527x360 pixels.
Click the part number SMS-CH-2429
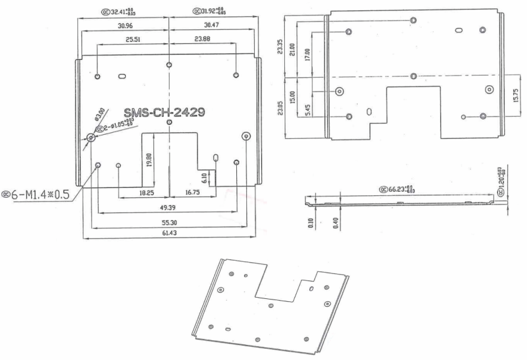coord(165,112)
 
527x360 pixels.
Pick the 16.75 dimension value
coord(192,193)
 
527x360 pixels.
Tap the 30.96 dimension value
coord(125,25)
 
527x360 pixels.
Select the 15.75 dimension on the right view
coord(517,95)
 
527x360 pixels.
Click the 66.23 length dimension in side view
coord(399,189)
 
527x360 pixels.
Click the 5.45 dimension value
coord(307,110)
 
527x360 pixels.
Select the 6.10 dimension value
coord(205,177)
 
